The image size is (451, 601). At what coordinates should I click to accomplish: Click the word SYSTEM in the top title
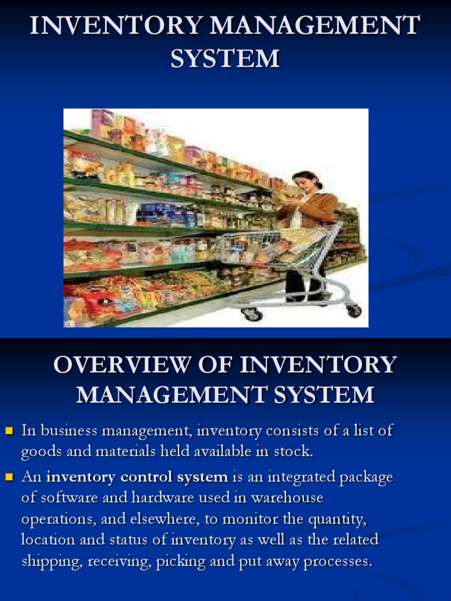tap(225, 59)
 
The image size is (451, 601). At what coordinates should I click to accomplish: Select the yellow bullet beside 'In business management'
tap(9, 431)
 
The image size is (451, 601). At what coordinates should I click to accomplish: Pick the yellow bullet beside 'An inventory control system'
tap(9, 478)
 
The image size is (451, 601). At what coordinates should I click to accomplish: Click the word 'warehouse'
tap(287, 498)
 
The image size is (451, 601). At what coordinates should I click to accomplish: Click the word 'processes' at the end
tap(338, 562)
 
